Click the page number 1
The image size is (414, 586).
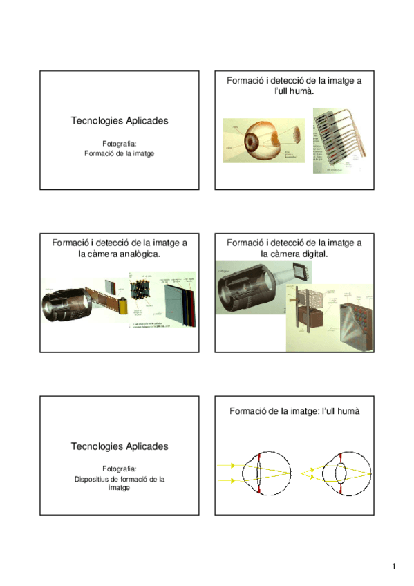point(393,567)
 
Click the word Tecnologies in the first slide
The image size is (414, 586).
point(95,121)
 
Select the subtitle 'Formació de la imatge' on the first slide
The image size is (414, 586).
point(119,153)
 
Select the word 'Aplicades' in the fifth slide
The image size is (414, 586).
point(144,446)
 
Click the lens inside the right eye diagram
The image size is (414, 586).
point(341,473)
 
